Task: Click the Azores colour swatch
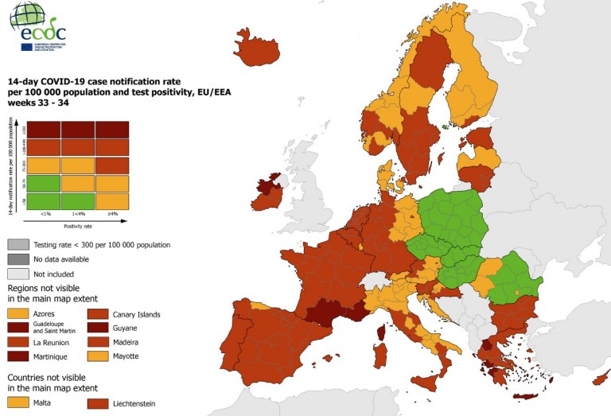(x=18, y=314)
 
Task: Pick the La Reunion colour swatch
(x=18, y=342)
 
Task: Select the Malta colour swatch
(x=18, y=403)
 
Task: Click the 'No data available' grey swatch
(x=18, y=259)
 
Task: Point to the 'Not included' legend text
(x=55, y=273)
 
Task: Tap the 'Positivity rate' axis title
(x=78, y=226)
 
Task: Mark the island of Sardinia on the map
(x=379, y=355)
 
